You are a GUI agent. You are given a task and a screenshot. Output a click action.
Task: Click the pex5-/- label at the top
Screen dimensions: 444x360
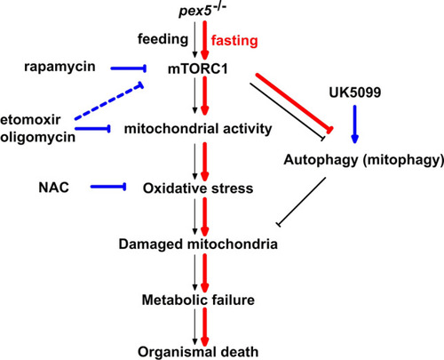pos(202,11)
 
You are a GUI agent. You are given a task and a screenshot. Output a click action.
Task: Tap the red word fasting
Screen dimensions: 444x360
pos(234,41)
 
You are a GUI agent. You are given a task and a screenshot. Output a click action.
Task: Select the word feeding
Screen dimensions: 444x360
pos(163,39)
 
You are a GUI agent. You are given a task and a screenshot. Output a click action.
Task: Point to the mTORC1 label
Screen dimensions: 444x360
pos(198,69)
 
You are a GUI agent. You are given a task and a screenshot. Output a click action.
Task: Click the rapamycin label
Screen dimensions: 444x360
pos(59,67)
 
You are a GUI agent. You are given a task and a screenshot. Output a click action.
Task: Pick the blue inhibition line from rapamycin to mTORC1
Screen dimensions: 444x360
pos(129,68)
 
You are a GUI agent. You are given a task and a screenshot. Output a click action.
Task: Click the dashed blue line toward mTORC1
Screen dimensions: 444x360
pos(109,101)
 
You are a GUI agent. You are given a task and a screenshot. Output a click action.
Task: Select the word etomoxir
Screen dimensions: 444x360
pos(30,120)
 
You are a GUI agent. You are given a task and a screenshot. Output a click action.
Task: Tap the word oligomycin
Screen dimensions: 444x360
pos(37,137)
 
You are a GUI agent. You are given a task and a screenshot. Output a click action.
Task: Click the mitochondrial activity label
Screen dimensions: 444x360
pos(198,129)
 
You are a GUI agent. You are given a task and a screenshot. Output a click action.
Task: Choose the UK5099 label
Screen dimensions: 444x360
pos(355,92)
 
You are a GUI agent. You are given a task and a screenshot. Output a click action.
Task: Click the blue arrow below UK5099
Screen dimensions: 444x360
pos(355,124)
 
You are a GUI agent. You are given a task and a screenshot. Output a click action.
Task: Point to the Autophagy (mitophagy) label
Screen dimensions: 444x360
pos(364,160)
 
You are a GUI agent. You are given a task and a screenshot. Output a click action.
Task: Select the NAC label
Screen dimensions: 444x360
pos(53,188)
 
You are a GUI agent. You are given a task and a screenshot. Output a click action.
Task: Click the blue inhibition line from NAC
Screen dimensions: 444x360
pos(108,187)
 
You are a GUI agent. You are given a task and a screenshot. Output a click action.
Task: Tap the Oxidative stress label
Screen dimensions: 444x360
pos(198,188)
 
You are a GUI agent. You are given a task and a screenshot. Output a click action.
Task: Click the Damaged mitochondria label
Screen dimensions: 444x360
pos(198,244)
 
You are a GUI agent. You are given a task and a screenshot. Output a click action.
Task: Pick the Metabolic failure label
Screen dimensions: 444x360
pos(198,300)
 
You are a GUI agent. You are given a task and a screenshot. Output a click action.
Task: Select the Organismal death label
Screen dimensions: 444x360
pos(198,352)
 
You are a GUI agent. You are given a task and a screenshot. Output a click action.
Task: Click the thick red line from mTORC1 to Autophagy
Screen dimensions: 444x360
pos(295,102)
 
